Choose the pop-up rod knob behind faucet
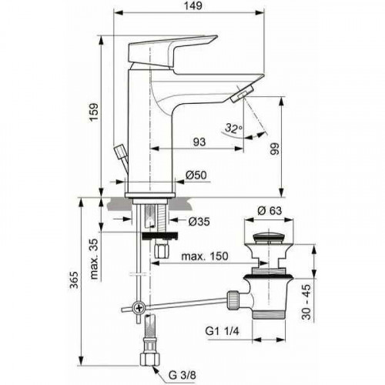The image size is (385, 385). (119, 151)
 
